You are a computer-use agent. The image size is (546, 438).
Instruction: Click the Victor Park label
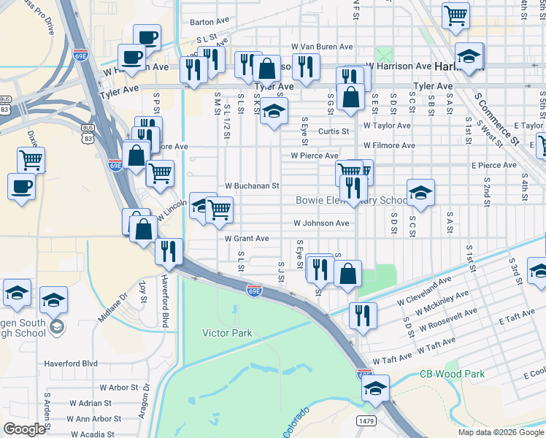(227, 333)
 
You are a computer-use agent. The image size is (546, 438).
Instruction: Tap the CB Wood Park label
(453, 374)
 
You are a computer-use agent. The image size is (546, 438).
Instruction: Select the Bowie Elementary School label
(352, 201)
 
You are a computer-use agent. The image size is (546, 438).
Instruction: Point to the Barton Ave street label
(210, 22)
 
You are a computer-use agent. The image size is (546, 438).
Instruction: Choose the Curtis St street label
(334, 131)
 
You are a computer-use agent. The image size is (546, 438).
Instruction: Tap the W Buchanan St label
(252, 186)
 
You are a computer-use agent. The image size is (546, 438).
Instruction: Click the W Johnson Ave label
(321, 223)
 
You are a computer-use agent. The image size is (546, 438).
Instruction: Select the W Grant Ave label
(247, 239)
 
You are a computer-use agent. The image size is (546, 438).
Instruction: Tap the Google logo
(24, 429)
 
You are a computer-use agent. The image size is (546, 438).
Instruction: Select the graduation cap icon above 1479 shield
(375, 388)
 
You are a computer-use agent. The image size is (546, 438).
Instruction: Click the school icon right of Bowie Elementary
(420, 192)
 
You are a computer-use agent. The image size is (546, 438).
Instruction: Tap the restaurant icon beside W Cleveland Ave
(363, 315)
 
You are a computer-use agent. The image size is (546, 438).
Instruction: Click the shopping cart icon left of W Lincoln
(218, 210)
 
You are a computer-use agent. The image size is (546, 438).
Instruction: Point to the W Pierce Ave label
(315, 155)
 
